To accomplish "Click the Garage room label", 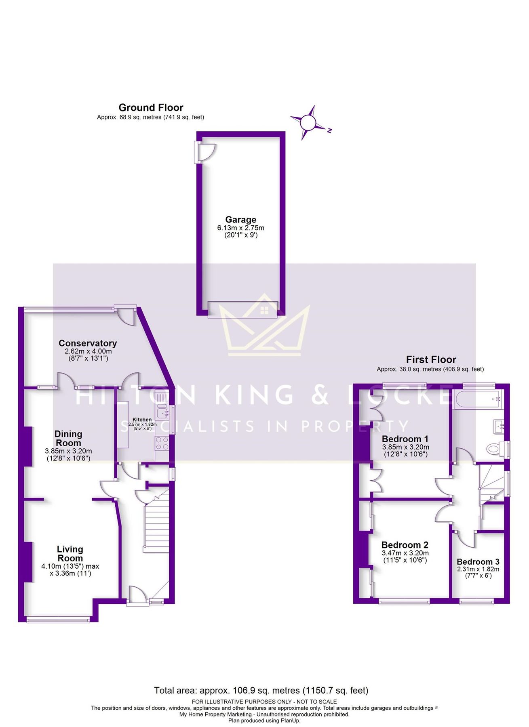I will (x=240, y=219).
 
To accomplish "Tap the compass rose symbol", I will (x=308, y=122).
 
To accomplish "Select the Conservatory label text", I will (x=88, y=343).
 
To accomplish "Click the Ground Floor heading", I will (x=151, y=107).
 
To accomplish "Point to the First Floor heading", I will (x=431, y=359).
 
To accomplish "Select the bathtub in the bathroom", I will (x=477, y=399).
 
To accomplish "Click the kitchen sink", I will (x=163, y=412).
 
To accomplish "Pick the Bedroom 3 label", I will (x=478, y=562).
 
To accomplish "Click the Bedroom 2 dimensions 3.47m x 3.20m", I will (x=405, y=553).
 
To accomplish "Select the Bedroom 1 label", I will (x=405, y=439).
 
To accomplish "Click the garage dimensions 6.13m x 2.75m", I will (x=240, y=228).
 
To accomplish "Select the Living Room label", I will (x=70, y=554).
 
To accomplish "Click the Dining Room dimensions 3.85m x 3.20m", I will (x=68, y=451).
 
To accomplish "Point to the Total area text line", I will (x=261, y=690).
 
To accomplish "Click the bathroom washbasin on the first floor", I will (x=498, y=425).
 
